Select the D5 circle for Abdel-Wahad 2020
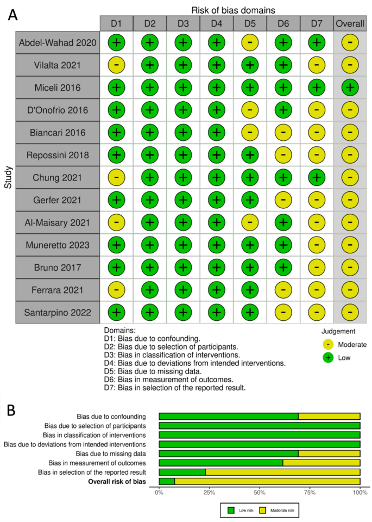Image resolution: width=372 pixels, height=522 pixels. (250, 42)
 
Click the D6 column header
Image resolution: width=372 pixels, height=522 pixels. (283, 23)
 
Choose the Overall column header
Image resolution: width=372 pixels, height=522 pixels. (350, 23)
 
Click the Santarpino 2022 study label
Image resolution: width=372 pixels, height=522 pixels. (58, 313)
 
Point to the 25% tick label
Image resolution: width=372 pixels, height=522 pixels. (209, 493)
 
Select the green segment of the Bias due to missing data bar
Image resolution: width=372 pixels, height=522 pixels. (229, 453)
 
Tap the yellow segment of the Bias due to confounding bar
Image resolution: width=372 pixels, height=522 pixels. (329, 416)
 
